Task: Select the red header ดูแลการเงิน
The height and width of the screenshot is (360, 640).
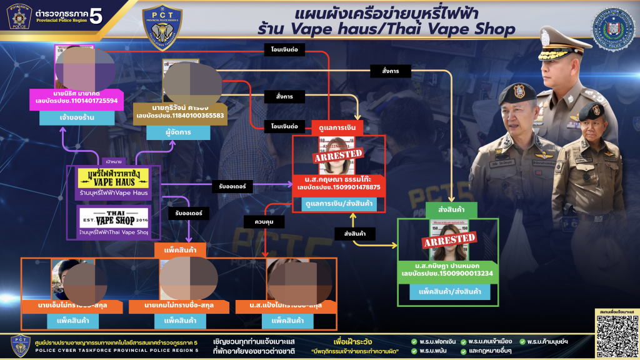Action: click(337, 127)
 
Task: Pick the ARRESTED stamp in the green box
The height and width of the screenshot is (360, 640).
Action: click(449, 239)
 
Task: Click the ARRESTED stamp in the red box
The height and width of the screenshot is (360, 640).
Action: click(339, 153)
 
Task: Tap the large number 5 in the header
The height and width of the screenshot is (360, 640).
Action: click(96, 17)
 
